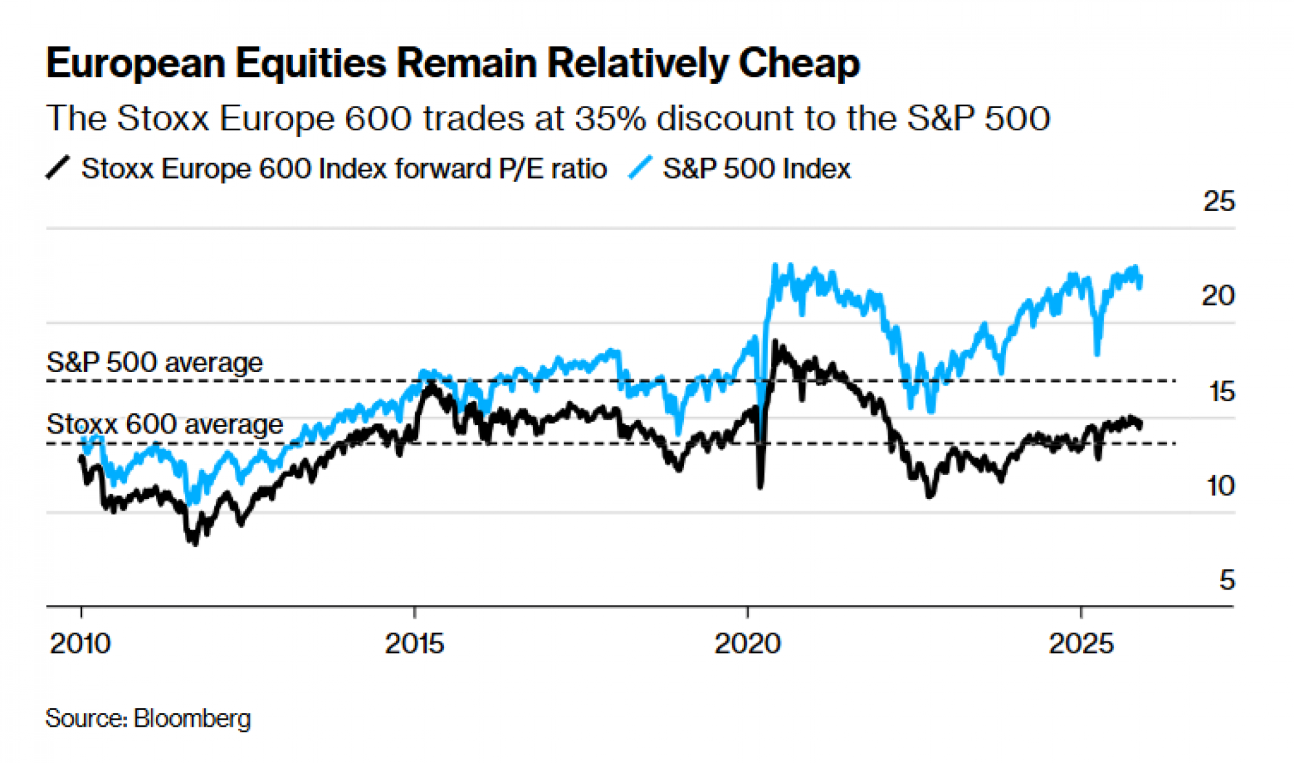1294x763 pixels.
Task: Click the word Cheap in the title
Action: pyautogui.click(x=799, y=64)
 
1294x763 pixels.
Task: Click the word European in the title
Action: pyautogui.click(x=135, y=64)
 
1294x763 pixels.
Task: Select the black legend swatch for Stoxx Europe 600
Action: pyautogui.click(x=58, y=168)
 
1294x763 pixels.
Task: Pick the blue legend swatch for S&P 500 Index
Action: pyautogui.click(x=641, y=168)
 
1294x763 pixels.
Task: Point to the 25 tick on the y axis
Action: pyautogui.click(x=1218, y=202)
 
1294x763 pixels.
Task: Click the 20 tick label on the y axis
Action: pyautogui.click(x=1218, y=296)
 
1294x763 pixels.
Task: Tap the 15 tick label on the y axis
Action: pyautogui.click(x=1221, y=392)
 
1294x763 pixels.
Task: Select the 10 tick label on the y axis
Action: pyautogui.click(x=1220, y=485)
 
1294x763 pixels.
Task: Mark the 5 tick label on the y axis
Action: pyautogui.click(x=1227, y=580)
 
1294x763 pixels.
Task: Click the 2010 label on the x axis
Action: pyautogui.click(x=80, y=643)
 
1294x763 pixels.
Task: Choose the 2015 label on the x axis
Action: pyautogui.click(x=414, y=643)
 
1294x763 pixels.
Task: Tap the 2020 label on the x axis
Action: pyautogui.click(x=747, y=643)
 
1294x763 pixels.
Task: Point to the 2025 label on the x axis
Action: pyautogui.click(x=1081, y=643)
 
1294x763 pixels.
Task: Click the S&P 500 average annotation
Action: pyautogui.click(x=155, y=362)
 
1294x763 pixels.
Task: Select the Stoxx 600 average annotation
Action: pyautogui.click(x=164, y=425)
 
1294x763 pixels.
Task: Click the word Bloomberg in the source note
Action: pyautogui.click(x=192, y=718)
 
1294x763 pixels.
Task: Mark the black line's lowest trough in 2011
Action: pyautogui.click(x=195, y=542)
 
